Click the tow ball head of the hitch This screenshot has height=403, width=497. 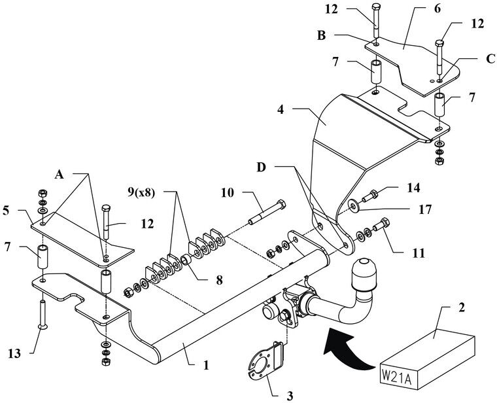tap(364, 274)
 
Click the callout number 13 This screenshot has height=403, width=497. tap(14, 353)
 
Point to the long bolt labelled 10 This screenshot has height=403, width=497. tap(267, 212)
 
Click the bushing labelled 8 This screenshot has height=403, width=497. tap(186, 261)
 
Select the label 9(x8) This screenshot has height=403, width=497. tap(141, 192)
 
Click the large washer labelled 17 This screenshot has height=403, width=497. tap(352, 205)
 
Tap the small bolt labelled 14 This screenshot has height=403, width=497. tap(369, 195)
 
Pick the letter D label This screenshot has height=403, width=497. tap(261, 167)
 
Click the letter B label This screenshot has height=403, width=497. tap(321, 35)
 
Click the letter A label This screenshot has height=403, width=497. tap(59, 174)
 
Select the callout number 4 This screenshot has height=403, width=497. tap(280, 110)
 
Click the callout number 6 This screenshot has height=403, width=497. tap(437, 9)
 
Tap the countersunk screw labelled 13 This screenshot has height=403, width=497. tap(43, 314)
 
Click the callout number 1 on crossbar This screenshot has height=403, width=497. tap(207, 365)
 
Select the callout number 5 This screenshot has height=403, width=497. tap(6, 211)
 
